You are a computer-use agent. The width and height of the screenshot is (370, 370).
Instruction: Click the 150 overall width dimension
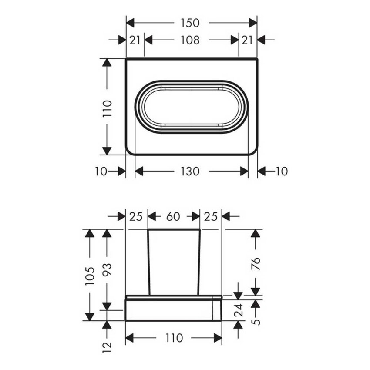coord(190,23)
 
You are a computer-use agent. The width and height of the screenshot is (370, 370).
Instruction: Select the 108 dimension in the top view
coord(190,40)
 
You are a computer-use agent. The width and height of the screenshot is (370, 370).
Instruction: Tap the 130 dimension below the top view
coord(190,171)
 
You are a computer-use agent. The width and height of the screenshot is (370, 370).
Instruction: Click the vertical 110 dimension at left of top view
coord(107,109)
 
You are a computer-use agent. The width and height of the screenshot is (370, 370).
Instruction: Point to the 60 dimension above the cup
coord(173,216)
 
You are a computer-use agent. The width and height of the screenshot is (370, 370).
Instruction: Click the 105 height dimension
coord(90,276)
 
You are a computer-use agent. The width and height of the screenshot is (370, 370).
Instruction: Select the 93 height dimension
coord(107,270)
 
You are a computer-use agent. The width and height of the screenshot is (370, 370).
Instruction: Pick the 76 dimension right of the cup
coord(256,263)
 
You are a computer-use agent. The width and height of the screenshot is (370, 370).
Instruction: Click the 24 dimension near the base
coord(239,310)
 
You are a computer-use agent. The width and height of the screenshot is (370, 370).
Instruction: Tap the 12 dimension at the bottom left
coord(107,347)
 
